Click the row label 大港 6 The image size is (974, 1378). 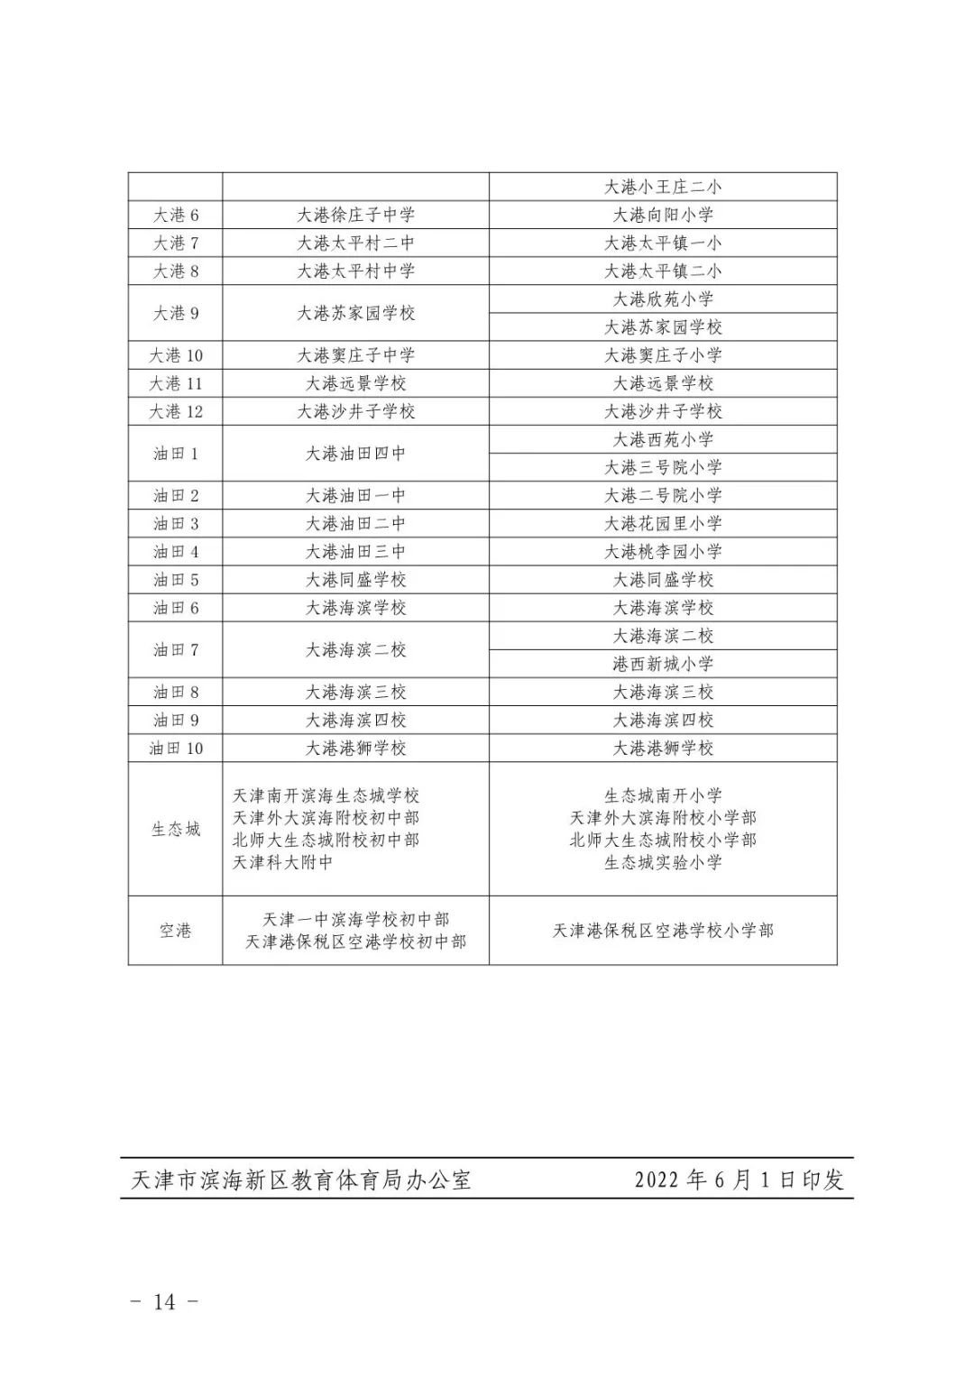[175, 215]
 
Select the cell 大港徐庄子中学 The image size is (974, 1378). [355, 215]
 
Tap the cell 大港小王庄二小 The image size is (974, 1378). [663, 187]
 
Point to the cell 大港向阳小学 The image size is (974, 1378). [663, 215]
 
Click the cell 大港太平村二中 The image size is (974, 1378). [355, 243]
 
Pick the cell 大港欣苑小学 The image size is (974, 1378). [663, 299]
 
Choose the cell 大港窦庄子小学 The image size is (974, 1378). [663, 355]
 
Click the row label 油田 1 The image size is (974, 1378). [175, 454]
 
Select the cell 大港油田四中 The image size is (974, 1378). [355, 454]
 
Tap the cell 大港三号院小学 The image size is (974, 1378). [663, 467]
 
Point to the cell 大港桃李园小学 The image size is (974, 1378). [663, 551]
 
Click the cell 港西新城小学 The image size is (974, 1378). [663, 664]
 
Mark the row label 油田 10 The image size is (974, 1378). [175, 748]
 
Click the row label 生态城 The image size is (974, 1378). [175, 829]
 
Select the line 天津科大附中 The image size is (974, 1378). [283, 862]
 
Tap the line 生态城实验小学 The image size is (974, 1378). [663, 862]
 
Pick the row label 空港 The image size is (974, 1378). [175, 931]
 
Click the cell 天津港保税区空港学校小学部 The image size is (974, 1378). [663, 931]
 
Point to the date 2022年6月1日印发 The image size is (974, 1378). [739, 1180]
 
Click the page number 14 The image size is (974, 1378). [164, 1301]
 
